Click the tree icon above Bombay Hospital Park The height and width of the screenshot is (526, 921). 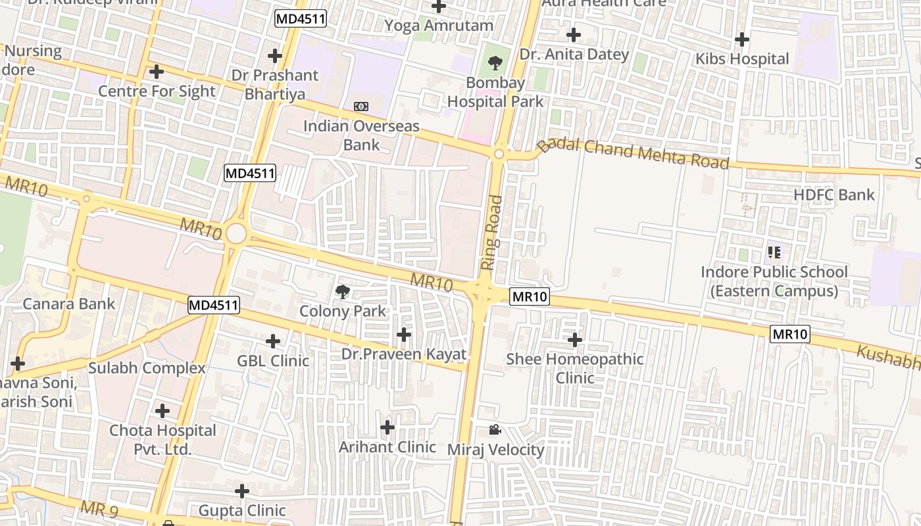pyautogui.click(x=495, y=63)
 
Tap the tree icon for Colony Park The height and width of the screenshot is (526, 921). pyautogui.click(x=342, y=291)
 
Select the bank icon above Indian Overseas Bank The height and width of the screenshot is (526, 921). pyautogui.click(x=361, y=107)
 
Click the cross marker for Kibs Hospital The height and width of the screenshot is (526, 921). pyautogui.click(x=742, y=39)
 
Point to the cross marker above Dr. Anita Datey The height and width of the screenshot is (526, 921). pyautogui.click(x=574, y=35)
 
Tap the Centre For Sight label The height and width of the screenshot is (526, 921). pyautogui.click(x=157, y=91)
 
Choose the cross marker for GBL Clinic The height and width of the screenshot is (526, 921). pyautogui.click(x=273, y=341)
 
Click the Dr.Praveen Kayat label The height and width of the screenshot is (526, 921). pyautogui.click(x=403, y=354)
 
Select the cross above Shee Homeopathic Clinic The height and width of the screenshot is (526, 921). pyautogui.click(x=575, y=340)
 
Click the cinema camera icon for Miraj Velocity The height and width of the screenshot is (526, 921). pyautogui.click(x=495, y=430)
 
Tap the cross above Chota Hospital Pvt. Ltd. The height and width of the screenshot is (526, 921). pyautogui.click(x=162, y=412)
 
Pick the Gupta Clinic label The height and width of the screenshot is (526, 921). pyautogui.click(x=242, y=510)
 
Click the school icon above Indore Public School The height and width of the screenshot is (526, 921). pyautogui.click(x=774, y=252)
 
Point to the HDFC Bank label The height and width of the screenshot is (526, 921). pyautogui.click(x=834, y=195)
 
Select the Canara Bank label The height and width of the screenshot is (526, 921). pyautogui.click(x=69, y=304)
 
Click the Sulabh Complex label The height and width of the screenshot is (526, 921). pyautogui.click(x=147, y=368)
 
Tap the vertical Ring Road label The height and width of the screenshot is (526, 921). pyautogui.click(x=491, y=233)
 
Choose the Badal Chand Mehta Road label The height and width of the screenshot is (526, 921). pyautogui.click(x=633, y=154)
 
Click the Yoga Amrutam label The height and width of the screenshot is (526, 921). pyautogui.click(x=438, y=26)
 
